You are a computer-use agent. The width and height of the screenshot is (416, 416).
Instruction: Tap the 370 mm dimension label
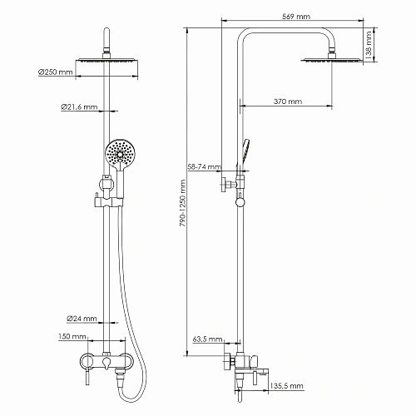287,102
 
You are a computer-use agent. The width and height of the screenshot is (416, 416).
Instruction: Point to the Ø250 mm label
55,73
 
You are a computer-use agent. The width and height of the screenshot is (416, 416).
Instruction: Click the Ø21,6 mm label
79,107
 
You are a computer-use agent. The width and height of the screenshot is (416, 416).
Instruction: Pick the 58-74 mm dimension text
204,166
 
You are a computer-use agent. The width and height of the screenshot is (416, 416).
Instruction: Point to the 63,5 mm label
206,339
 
